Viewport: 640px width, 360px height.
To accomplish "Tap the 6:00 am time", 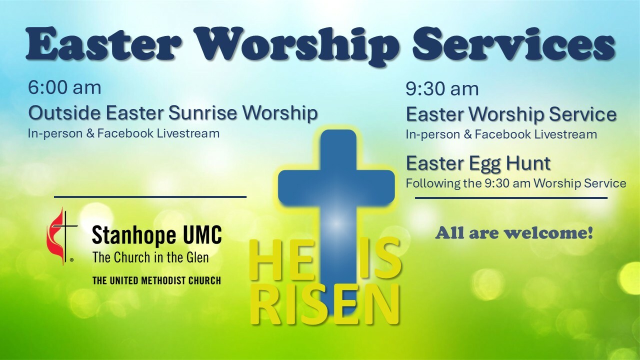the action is (64, 87).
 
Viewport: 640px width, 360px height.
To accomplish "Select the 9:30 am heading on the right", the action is (442, 88).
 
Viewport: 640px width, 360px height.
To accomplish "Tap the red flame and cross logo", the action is (61, 236).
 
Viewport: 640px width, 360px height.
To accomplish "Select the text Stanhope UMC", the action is (156, 235).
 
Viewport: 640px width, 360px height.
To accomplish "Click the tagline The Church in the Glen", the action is (150, 257).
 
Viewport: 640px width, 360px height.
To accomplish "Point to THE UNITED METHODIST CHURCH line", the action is (156, 280).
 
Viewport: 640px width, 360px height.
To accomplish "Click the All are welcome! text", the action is (514, 233).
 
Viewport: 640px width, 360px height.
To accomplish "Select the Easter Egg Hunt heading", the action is (478, 163).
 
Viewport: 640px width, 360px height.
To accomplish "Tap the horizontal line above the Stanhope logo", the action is (150, 197).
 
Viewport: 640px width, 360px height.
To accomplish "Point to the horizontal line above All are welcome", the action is (511, 197).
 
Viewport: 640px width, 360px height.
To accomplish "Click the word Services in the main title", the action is (513, 43).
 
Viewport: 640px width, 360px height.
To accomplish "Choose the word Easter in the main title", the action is (103, 43).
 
